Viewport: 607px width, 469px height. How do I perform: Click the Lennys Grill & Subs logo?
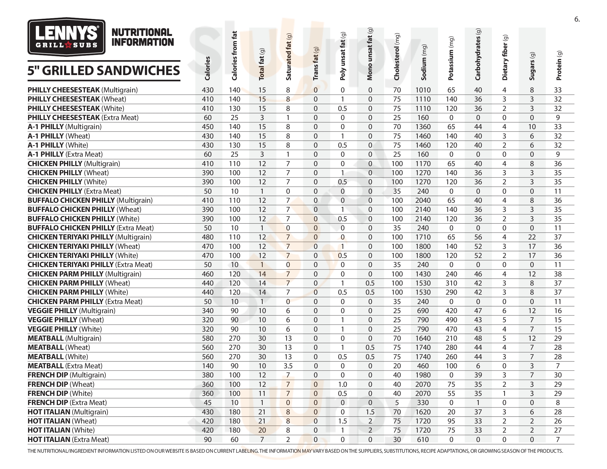66,37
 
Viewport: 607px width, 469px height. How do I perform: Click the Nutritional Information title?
143,37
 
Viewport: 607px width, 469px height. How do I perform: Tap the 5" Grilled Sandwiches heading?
104,71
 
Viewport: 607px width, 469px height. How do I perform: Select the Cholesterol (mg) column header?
396,57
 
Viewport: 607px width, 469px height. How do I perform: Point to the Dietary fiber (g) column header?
505,58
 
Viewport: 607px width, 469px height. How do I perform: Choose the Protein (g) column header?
559,66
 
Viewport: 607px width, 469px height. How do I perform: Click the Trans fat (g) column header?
315,64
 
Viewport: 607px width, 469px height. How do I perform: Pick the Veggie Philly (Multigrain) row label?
71,311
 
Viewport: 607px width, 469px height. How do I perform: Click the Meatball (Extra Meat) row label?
65,366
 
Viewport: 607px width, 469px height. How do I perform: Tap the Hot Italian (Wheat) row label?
62,421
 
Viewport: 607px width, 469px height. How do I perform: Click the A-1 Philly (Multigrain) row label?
65,127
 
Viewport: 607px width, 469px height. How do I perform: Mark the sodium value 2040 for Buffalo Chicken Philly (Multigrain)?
423,200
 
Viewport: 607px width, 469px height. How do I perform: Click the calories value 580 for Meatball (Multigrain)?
207,339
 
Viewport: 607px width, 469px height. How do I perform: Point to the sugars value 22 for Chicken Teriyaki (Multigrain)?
532,237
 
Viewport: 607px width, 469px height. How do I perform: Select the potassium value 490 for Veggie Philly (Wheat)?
451,320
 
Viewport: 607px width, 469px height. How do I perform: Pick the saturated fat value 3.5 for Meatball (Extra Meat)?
288,366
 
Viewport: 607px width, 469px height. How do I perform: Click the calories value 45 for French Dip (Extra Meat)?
207,403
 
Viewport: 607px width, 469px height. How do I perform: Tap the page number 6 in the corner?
577,19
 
